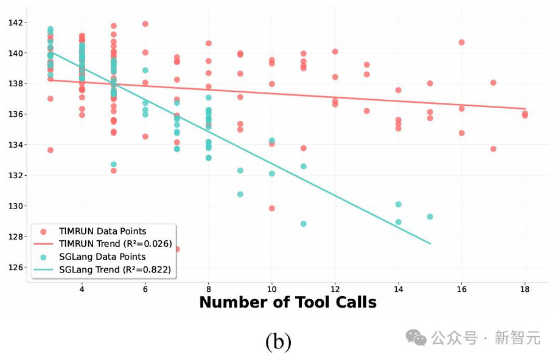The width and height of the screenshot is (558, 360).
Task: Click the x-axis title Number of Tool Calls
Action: click(x=288, y=302)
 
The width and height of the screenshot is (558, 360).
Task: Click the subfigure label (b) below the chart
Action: click(x=278, y=341)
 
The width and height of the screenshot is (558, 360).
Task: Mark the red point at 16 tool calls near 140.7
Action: click(x=461, y=43)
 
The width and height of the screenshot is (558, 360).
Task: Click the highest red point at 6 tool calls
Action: click(x=145, y=24)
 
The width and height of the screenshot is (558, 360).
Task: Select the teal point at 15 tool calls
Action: click(x=430, y=216)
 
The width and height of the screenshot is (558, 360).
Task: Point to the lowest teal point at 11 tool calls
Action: click(x=304, y=224)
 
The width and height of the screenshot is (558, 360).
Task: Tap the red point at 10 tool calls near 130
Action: click(x=272, y=208)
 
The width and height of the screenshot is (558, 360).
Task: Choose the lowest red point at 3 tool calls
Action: click(x=51, y=150)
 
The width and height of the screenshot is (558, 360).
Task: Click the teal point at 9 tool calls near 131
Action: click(x=240, y=194)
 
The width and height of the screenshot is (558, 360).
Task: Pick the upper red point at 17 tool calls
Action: click(x=493, y=83)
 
